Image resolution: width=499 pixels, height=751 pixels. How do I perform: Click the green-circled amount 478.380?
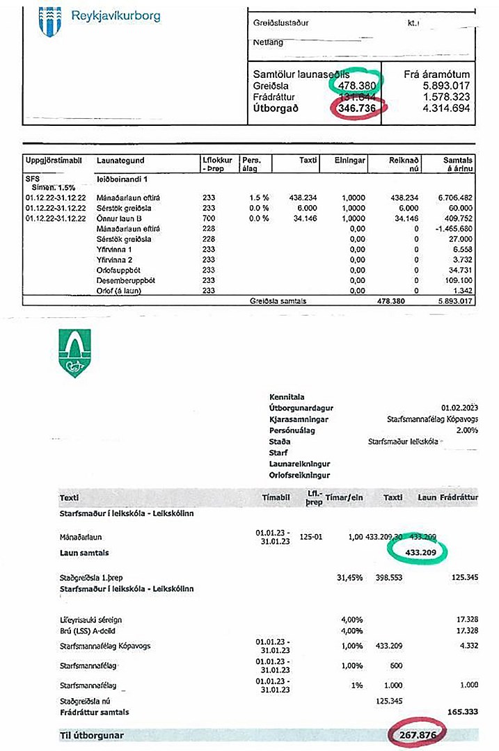[355, 86]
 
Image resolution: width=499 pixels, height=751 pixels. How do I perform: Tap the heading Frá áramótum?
[436, 74]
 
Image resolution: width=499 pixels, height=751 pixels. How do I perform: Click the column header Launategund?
[121, 160]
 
